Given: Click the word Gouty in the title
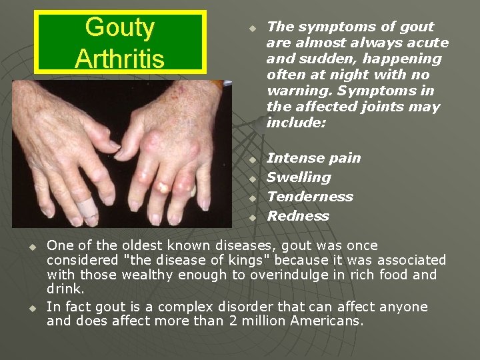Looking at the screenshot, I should [120, 27].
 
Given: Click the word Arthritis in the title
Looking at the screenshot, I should [120, 59].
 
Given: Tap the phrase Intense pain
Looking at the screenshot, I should [313, 158].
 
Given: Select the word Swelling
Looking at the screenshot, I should [299, 177].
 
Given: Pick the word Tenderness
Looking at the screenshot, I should [310, 197].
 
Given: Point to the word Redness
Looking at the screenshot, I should [298, 216].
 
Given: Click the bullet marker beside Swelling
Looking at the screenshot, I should [253, 179].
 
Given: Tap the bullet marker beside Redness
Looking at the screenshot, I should [253, 217].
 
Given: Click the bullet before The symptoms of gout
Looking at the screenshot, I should [253, 29].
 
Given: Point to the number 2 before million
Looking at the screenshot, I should [249, 321].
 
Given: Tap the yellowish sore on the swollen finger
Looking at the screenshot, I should [161, 186].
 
